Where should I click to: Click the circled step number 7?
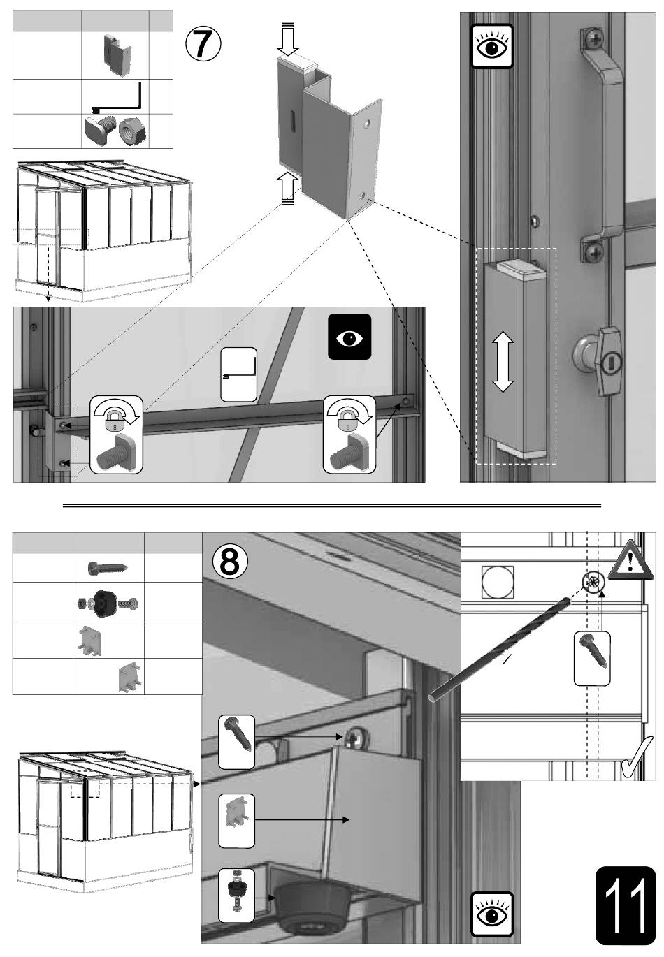click(203, 44)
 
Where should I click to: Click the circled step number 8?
click(229, 561)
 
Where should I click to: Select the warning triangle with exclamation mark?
click(630, 560)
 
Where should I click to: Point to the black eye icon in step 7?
click(349, 337)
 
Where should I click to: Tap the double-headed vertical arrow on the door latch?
click(503, 361)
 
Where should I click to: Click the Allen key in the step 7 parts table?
click(117, 97)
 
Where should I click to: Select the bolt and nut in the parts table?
click(115, 131)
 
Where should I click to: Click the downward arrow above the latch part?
click(288, 39)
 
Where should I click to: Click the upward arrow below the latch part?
click(288, 189)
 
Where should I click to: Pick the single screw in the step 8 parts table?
click(108, 568)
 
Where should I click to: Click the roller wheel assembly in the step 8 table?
click(108, 604)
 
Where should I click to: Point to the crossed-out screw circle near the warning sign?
click(593, 581)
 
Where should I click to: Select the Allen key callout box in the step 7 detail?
click(238, 374)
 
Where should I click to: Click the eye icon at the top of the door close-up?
click(491, 46)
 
